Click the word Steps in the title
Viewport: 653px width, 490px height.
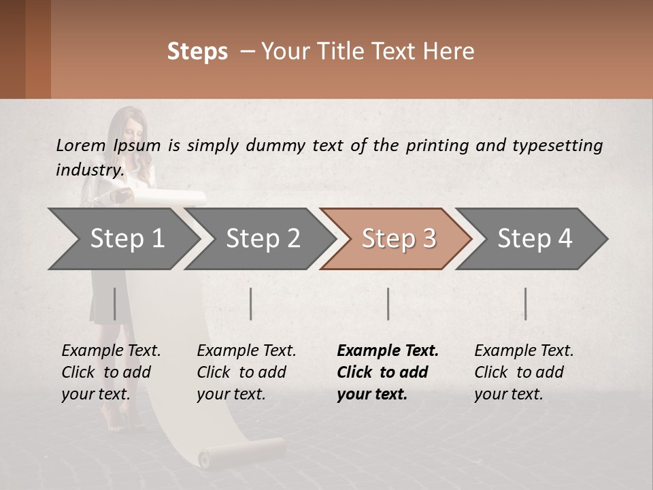197,52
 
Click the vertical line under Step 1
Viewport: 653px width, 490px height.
114,304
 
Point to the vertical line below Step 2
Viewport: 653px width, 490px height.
251,304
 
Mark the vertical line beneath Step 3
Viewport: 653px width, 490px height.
388,304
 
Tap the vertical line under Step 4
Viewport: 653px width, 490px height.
525,304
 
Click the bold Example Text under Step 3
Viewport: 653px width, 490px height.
388,351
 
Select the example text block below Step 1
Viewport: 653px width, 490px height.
111,372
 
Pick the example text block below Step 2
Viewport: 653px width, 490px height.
246,372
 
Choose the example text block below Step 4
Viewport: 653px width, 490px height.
524,372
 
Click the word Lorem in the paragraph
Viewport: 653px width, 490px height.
80,145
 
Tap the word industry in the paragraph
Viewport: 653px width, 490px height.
88,170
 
